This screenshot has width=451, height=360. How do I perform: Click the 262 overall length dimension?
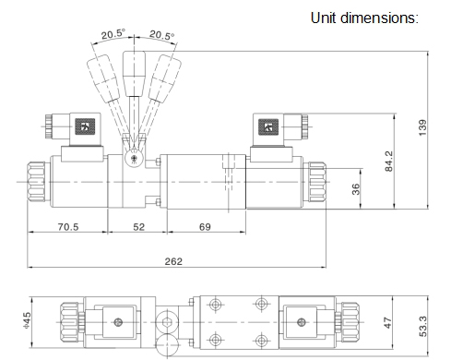tap(173, 261)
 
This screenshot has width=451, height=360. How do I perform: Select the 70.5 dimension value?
tap(68, 227)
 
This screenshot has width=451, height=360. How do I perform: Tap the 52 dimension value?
tap(138, 227)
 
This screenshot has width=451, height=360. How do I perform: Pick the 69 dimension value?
tap(205, 227)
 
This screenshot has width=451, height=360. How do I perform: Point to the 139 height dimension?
tap(422, 127)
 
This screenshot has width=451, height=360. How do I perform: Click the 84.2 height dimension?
tap(389, 161)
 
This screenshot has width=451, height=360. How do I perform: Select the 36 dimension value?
tap(356, 189)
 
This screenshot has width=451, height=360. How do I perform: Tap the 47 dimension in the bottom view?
tap(388, 323)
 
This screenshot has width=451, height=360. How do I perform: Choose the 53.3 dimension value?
tap(422, 326)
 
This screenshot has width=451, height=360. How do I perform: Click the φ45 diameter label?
tap(27, 319)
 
